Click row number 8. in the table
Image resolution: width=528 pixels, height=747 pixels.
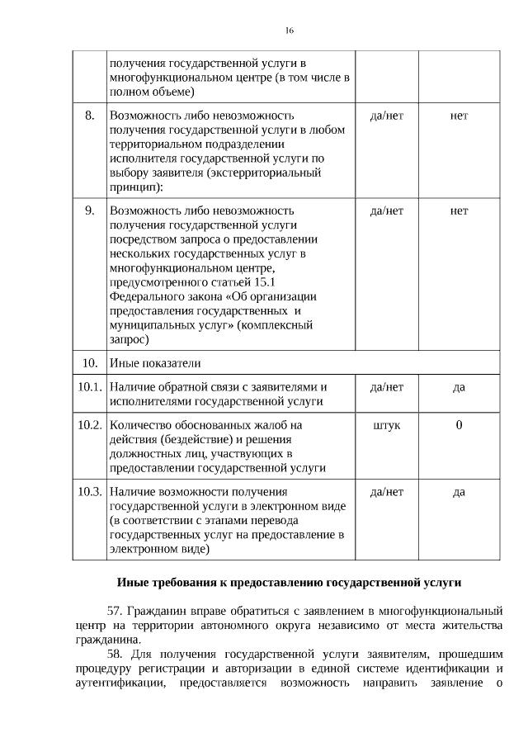click(90, 116)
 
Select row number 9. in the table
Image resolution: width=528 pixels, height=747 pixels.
click(90, 210)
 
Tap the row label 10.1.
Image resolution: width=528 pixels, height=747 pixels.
click(88, 386)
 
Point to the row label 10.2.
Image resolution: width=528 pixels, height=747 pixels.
click(88, 425)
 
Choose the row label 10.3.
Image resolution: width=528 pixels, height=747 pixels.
click(88, 492)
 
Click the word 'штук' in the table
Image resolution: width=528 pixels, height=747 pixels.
click(387, 425)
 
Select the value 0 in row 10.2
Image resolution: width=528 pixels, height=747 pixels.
click(459, 425)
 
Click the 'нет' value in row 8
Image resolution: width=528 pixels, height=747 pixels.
click(459, 116)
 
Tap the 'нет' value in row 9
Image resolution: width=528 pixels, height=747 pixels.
click(459, 210)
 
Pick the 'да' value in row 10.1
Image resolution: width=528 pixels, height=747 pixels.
click(459, 386)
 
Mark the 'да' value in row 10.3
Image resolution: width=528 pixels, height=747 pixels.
click(459, 492)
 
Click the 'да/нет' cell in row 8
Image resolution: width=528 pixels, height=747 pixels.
click(387, 116)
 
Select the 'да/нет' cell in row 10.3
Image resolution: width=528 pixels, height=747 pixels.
click(387, 492)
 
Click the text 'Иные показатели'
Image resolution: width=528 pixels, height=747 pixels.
click(155, 362)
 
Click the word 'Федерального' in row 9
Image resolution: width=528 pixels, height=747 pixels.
click(146, 299)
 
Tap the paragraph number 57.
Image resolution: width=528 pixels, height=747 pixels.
click(115, 611)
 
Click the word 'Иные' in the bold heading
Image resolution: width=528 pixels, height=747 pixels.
click(133, 582)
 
